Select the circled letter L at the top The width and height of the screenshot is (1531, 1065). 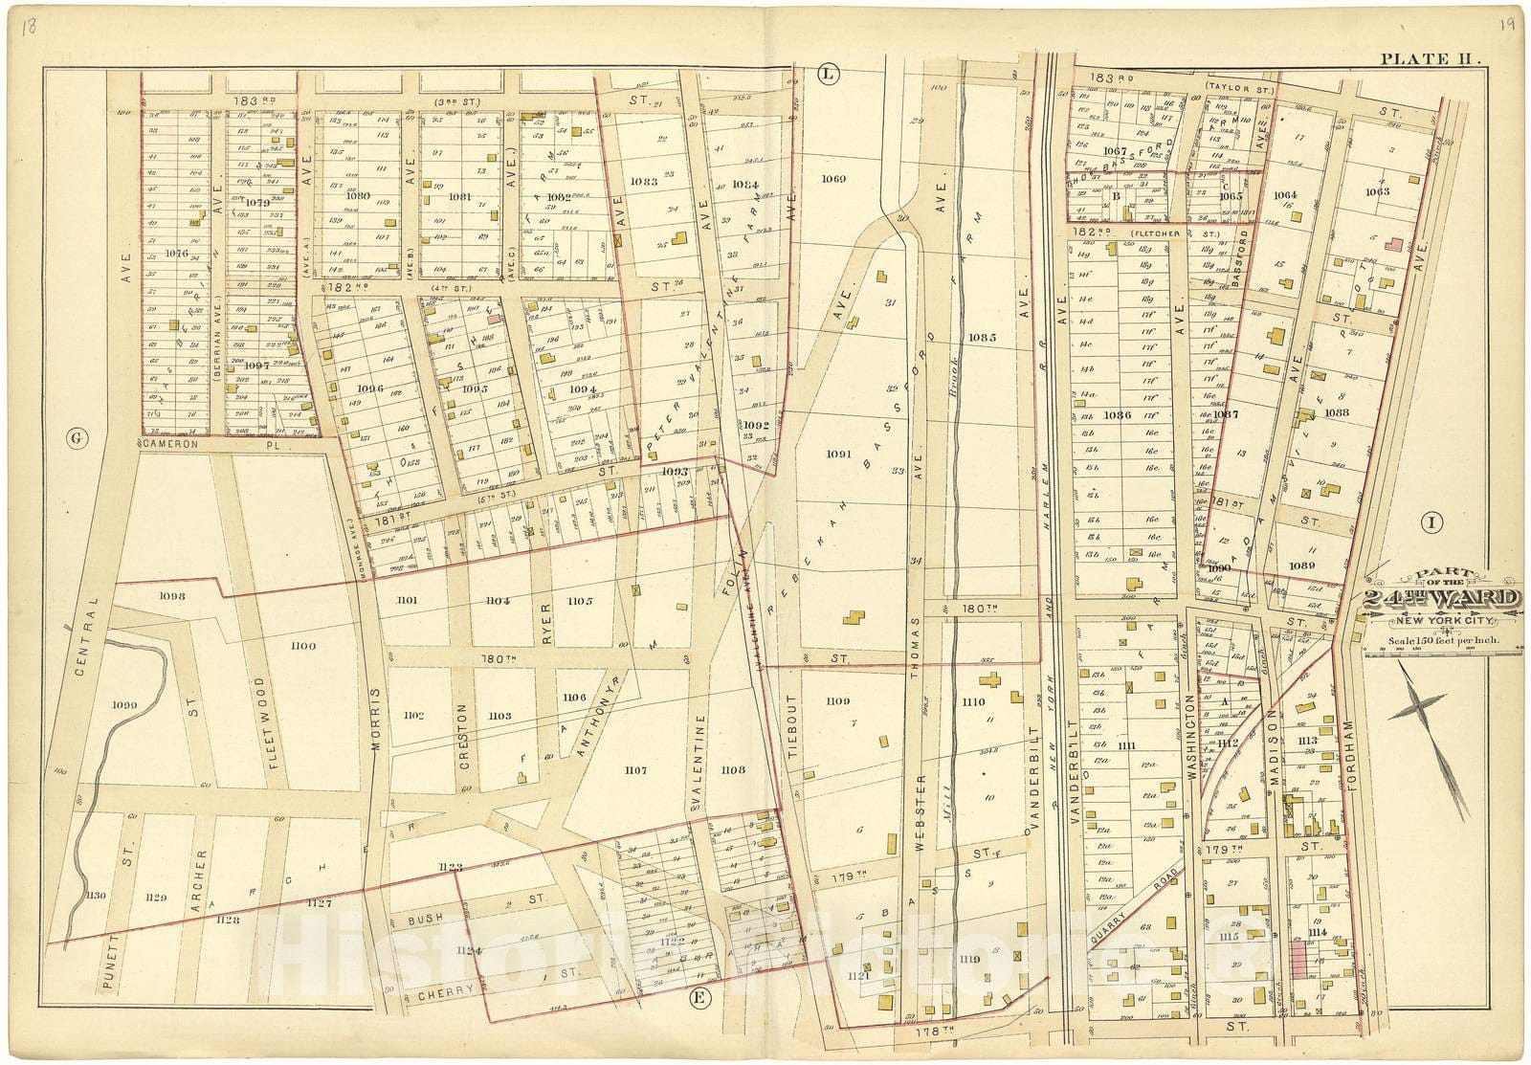[x=828, y=73]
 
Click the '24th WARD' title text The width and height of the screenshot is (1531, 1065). [x=1441, y=600]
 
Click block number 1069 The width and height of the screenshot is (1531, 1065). [x=834, y=179]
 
